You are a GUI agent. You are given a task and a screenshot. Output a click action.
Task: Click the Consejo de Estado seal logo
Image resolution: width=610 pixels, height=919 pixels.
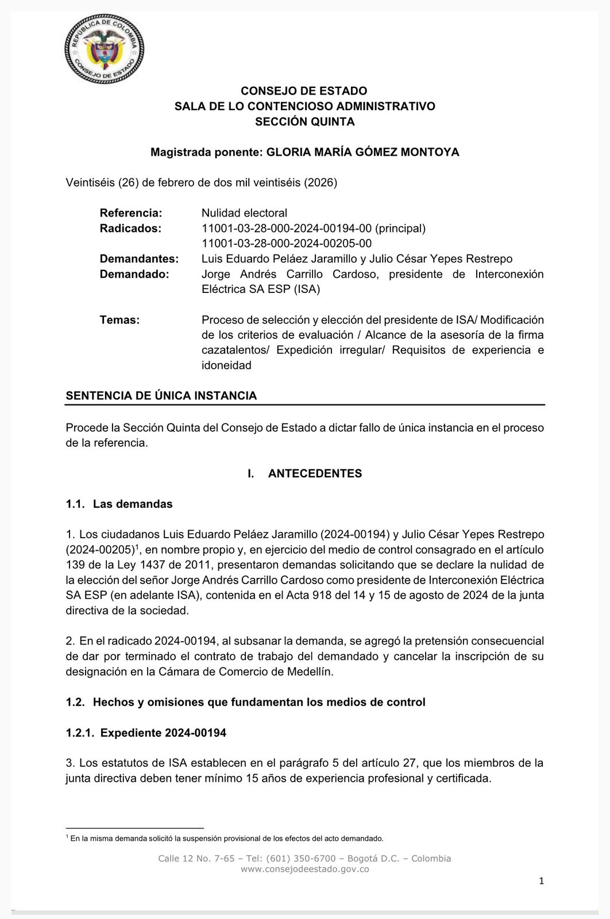click(x=104, y=49)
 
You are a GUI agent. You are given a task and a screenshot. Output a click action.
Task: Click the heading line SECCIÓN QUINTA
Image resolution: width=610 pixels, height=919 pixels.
click(x=304, y=121)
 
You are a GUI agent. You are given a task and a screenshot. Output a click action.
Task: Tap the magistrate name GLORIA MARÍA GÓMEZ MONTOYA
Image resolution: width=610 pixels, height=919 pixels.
click(x=363, y=152)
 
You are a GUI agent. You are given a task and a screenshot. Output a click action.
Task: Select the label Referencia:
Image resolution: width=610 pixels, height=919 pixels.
click(x=131, y=213)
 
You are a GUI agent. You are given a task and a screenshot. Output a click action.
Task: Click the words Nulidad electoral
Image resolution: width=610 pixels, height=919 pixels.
click(x=244, y=213)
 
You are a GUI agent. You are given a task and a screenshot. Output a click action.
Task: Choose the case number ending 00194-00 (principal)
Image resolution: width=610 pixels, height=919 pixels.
click(x=314, y=228)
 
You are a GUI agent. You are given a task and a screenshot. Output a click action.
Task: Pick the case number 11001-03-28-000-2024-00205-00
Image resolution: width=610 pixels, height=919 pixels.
click(x=286, y=244)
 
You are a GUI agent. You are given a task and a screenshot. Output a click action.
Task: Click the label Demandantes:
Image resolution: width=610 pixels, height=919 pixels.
click(x=139, y=258)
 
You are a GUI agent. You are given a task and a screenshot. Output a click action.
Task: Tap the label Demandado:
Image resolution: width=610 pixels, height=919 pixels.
click(x=134, y=274)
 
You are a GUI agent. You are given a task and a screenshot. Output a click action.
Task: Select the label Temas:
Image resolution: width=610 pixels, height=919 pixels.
click(x=119, y=320)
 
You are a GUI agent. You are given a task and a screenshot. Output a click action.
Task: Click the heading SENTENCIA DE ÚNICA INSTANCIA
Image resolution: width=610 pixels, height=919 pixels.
click(x=161, y=396)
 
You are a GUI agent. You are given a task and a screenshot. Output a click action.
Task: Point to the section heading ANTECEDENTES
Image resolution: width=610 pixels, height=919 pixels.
click(x=315, y=473)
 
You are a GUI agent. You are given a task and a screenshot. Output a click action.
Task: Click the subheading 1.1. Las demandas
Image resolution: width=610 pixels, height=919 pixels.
click(x=119, y=504)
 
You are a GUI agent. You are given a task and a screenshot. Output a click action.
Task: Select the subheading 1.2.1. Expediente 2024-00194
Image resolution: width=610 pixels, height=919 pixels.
click(x=146, y=733)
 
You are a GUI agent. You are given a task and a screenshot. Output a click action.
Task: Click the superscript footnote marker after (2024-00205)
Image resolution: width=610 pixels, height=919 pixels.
click(x=138, y=546)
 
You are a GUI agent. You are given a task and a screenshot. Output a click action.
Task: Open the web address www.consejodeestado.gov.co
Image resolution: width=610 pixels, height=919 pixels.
click(x=304, y=869)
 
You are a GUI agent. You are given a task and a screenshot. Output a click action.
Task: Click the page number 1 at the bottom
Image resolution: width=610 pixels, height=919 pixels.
click(x=541, y=881)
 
